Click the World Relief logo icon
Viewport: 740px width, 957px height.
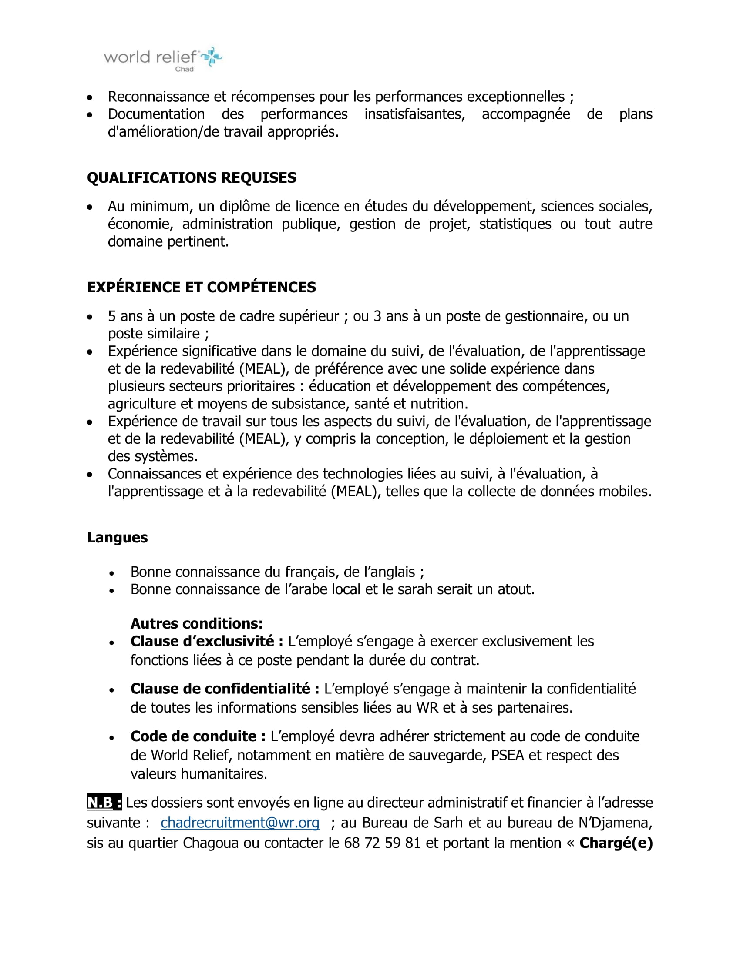pyautogui.click(x=212, y=57)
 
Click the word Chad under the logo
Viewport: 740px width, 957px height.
pyautogui.click(x=184, y=69)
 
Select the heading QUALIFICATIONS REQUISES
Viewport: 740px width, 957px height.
pyautogui.click(x=192, y=177)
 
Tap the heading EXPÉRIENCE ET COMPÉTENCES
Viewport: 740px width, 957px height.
pyautogui.click(x=201, y=287)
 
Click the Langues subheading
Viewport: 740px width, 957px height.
pyautogui.click(x=117, y=537)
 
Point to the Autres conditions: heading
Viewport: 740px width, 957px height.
pyautogui.click(x=196, y=623)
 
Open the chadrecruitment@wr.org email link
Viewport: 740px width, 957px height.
pyautogui.click(x=240, y=823)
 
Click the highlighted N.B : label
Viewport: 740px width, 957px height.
pyautogui.click(x=104, y=802)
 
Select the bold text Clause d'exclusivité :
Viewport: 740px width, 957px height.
pyautogui.click(x=206, y=641)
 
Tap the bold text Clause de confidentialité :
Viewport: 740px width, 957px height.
pyautogui.click(x=225, y=689)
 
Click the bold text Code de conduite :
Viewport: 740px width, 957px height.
pyautogui.click(x=198, y=736)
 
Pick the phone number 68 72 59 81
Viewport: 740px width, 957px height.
pyautogui.click(x=382, y=843)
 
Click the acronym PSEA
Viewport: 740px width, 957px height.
pyautogui.click(x=508, y=755)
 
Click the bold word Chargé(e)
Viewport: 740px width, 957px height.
pyautogui.click(x=616, y=843)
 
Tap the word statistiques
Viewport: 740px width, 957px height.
pyautogui.click(x=515, y=224)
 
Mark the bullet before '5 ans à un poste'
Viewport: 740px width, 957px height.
pyautogui.click(x=90, y=317)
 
